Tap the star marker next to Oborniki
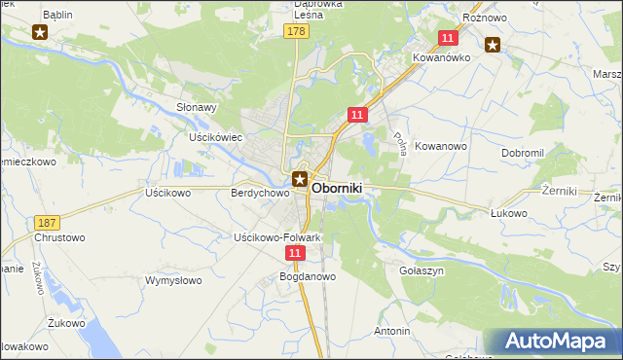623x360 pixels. tap(301, 179)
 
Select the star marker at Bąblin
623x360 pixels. tap(40, 32)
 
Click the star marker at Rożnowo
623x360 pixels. tap(493, 43)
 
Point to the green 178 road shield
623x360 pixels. tap(298, 32)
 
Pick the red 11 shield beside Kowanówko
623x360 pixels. tap(448, 38)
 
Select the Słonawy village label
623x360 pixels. tap(195, 108)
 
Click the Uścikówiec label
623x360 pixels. tap(215, 138)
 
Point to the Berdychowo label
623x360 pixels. tap(260, 194)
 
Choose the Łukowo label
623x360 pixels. tap(508, 213)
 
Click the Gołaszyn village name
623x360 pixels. tap(421, 271)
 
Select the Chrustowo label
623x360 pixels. tap(59, 237)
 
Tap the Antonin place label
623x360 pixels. tap(391, 331)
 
